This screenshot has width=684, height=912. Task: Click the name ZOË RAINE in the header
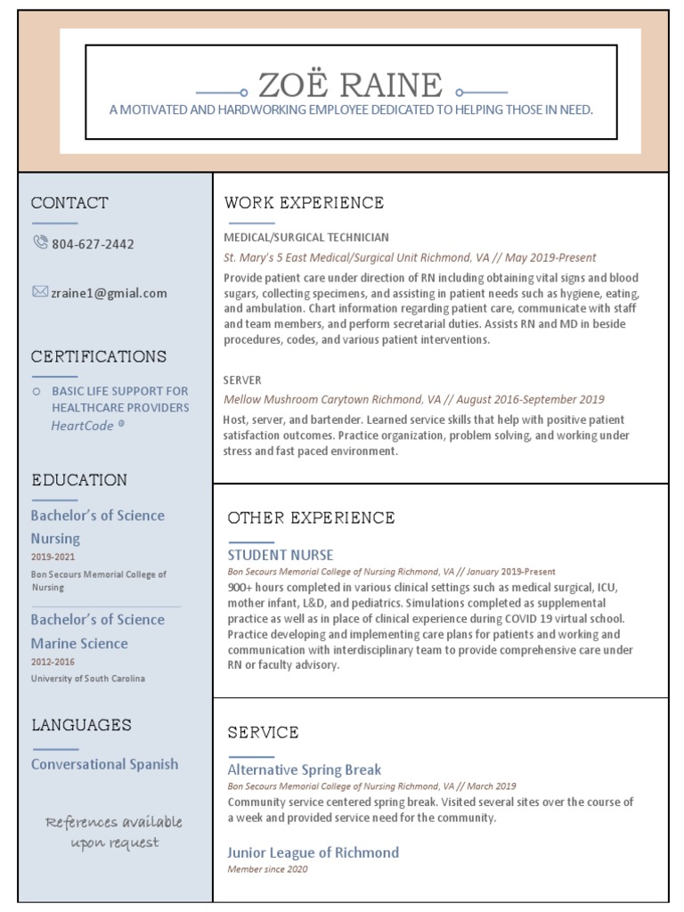click(x=350, y=86)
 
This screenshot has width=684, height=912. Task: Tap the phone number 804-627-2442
click(x=93, y=244)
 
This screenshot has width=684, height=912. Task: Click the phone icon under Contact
click(x=40, y=242)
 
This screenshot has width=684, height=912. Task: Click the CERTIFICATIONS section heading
click(x=99, y=357)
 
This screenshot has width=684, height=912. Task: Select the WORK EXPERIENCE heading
click(x=304, y=203)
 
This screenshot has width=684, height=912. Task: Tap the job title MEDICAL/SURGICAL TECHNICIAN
click(x=306, y=238)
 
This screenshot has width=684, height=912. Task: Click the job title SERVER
click(x=242, y=379)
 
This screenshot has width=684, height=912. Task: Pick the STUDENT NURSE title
click(x=280, y=555)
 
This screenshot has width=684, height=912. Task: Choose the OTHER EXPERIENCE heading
click(x=311, y=517)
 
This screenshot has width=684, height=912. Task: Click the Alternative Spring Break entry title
click(x=305, y=769)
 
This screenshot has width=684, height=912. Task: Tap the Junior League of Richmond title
click(x=313, y=852)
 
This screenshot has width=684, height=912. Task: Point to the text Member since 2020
click(x=267, y=869)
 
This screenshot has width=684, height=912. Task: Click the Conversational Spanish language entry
click(x=104, y=764)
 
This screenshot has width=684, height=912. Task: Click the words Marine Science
click(x=79, y=643)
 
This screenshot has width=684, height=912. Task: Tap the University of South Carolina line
click(x=87, y=679)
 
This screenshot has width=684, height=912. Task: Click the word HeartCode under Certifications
click(x=83, y=426)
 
